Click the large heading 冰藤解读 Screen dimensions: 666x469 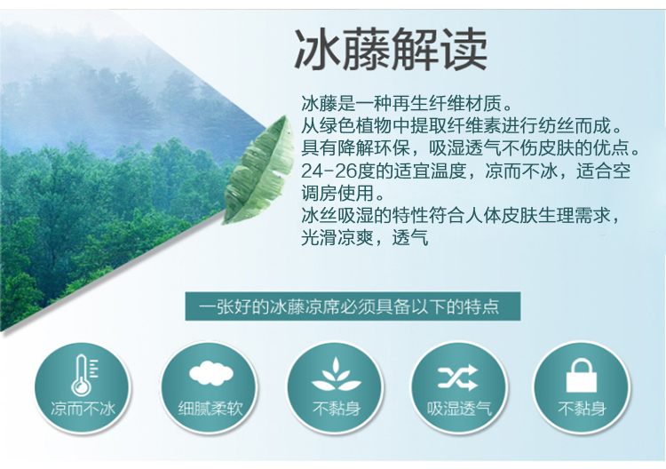coord(391,50)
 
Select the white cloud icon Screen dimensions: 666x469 coord(211,373)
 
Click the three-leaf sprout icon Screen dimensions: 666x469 coord(336,375)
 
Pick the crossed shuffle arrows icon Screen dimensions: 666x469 coord(458,378)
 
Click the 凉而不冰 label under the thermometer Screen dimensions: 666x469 coord(83,409)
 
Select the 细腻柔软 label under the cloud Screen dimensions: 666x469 coord(210,409)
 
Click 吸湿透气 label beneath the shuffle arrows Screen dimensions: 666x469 coord(459,409)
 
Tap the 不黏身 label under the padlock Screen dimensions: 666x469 coord(582,409)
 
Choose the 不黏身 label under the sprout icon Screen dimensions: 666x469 coord(337,409)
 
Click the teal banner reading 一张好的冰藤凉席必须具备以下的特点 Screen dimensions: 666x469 coord(353,306)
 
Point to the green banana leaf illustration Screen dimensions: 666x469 coord(259,170)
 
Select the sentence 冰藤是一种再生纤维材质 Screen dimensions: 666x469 coord(408,103)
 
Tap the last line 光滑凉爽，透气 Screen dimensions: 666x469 coord(364,238)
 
